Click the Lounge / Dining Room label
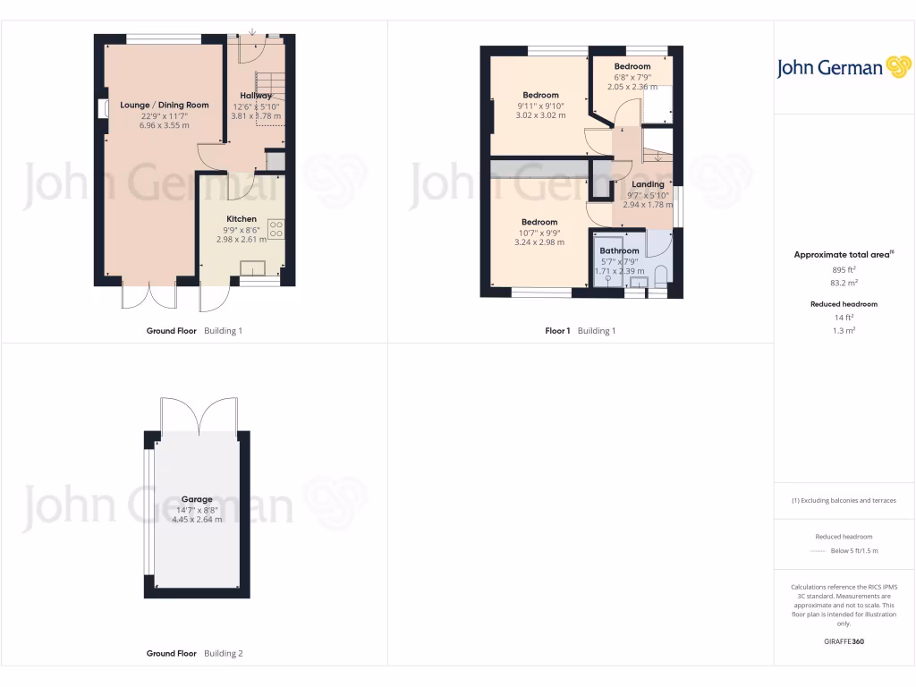click(164, 105)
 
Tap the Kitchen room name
click(242, 219)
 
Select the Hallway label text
click(256, 95)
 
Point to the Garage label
click(197, 499)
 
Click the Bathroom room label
click(619, 251)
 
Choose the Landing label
click(649, 184)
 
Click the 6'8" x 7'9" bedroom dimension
click(632, 77)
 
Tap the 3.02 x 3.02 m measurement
click(540, 115)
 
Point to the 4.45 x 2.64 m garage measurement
click(197, 520)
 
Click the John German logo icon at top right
click(897, 67)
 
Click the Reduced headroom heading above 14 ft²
click(844, 304)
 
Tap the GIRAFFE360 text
click(844, 641)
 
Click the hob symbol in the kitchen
click(275, 231)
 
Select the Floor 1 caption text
click(557, 331)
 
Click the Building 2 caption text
click(223, 654)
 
